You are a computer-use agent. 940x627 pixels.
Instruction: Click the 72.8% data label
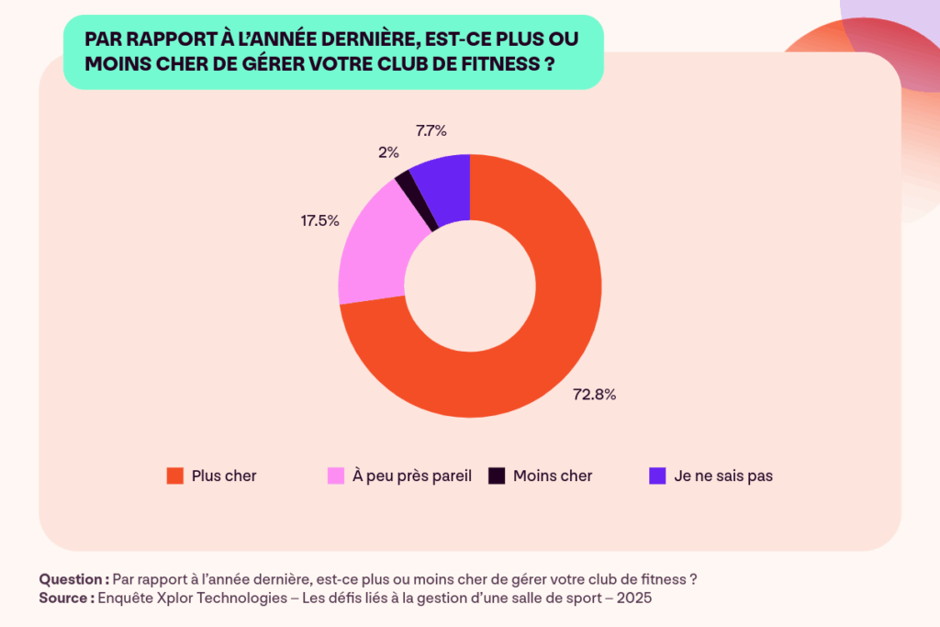595,395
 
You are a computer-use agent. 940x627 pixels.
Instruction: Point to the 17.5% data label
319,220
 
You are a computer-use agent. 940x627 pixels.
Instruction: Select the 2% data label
387,152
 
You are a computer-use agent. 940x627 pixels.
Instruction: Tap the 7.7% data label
431,130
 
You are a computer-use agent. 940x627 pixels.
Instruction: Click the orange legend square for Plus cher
174,476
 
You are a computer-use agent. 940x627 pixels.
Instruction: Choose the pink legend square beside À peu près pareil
336,476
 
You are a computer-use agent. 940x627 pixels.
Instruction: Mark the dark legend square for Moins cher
496,476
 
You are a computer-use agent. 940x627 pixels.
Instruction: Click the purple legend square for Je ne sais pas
657,476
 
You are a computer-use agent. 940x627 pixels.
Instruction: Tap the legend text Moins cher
553,476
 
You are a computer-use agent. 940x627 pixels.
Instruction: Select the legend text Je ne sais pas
723,476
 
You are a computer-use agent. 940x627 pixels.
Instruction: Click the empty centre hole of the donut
470,286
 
